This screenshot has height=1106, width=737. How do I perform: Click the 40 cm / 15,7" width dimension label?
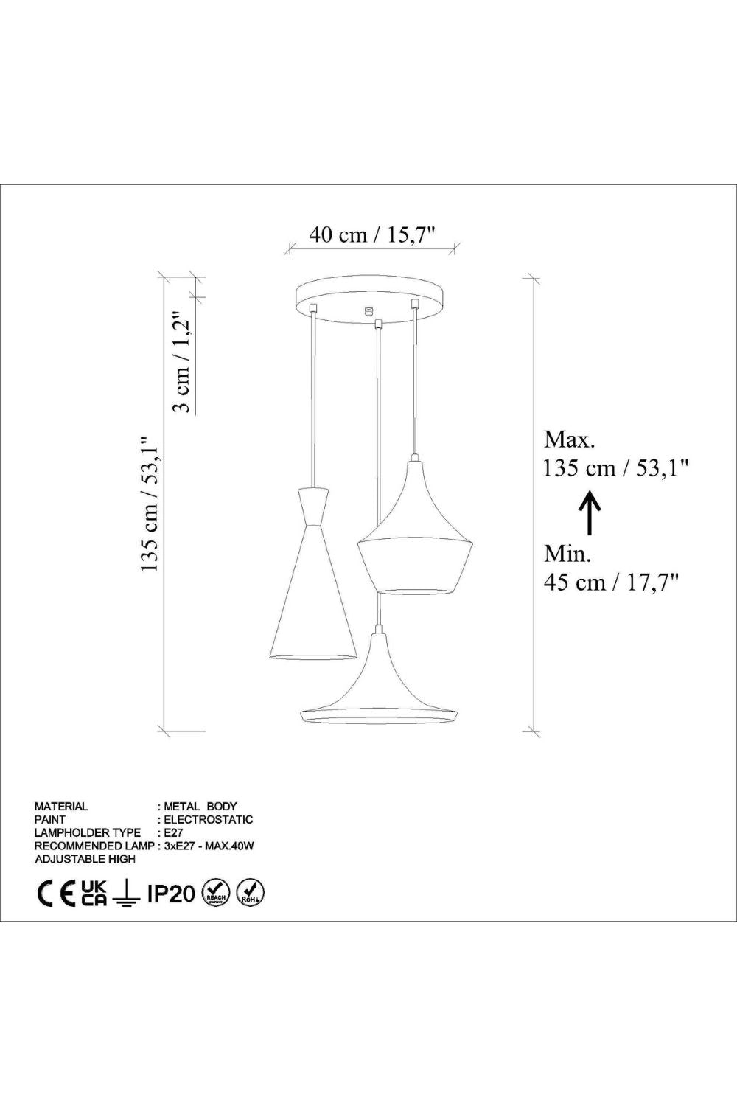373,235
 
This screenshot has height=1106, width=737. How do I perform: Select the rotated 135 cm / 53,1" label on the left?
150,504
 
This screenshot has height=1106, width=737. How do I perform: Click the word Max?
569,439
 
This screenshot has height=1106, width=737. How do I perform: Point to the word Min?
567,554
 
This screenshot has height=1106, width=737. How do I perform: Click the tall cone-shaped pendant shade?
313,574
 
